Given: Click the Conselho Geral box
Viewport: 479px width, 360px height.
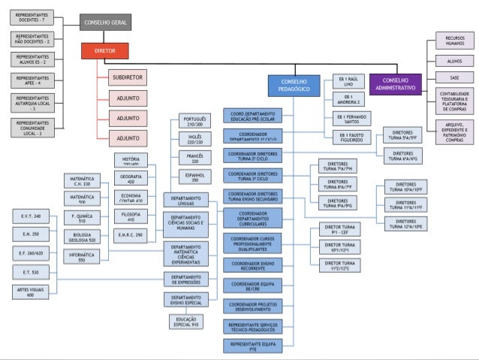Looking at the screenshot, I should tap(106, 23).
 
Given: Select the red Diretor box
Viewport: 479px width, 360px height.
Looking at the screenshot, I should tap(106, 51).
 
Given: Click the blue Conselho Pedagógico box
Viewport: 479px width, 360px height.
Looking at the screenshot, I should tap(294, 85).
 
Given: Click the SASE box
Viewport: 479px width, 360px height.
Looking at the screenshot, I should tap(454, 77).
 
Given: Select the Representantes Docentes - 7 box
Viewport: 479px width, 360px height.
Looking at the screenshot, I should tap(33, 17).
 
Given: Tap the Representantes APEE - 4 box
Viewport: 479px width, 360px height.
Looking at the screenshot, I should tap(33, 80).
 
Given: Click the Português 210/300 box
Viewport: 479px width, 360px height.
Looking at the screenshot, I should tap(194, 122).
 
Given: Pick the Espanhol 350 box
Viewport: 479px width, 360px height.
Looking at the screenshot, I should tap(194, 177).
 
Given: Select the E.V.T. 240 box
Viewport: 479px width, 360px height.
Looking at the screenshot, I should tap(32, 216).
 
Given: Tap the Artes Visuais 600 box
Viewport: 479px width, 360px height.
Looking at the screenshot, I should tap(32, 292).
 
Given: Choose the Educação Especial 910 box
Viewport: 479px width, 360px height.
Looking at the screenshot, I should tap(186, 322).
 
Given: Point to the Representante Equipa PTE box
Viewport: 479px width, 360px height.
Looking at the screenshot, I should tap(252, 345).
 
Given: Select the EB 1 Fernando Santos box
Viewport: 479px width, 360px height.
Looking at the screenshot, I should tap(351, 119).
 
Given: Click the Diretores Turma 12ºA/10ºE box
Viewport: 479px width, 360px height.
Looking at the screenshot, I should tap(405, 222).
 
